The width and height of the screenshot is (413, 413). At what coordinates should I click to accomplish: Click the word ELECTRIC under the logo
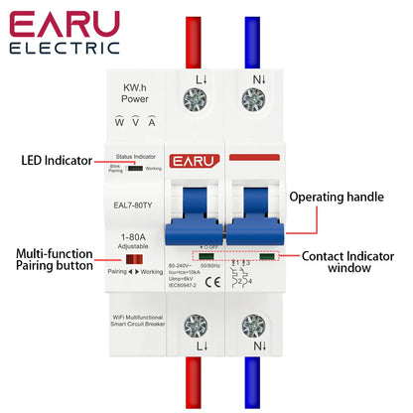(x=66, y=47)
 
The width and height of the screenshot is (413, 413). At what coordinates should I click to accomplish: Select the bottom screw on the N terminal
(x=254, y=327)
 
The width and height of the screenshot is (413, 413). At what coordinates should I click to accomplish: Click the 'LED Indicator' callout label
(x=56, y=160)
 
